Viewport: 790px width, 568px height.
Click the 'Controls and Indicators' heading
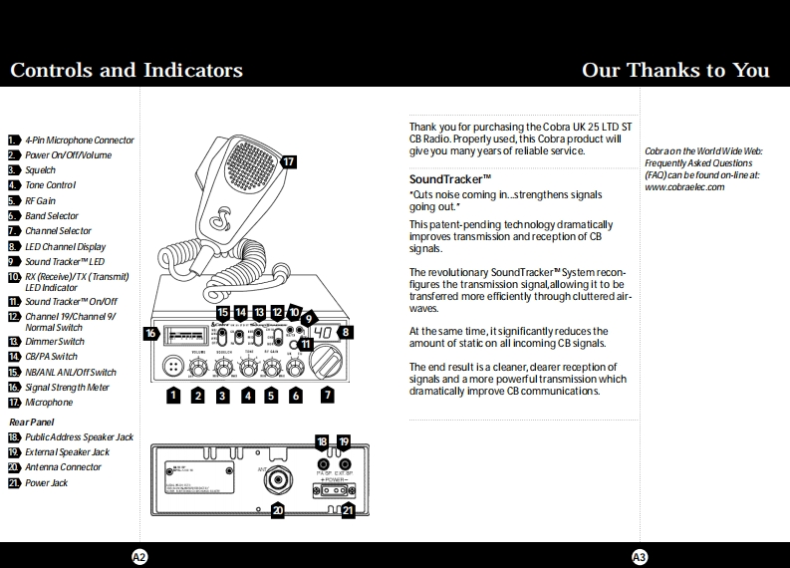127,70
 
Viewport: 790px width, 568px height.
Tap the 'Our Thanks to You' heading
675,70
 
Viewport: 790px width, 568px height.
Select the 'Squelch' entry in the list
41,170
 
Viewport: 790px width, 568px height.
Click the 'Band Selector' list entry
51,216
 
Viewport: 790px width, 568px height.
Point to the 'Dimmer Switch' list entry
55,342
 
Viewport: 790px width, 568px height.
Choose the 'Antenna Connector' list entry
63,467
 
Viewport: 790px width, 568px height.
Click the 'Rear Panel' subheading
31,423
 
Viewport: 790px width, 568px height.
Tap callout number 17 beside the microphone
288,161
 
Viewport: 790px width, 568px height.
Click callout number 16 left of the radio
151,333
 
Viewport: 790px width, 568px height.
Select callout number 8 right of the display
346,332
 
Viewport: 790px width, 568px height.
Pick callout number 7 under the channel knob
328,396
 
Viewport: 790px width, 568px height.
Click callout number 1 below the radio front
173,396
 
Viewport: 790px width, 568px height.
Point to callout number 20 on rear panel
278,511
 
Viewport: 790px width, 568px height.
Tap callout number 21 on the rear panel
348,511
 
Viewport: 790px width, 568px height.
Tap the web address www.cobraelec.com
684,187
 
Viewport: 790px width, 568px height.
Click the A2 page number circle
139,556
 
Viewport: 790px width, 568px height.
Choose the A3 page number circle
640,556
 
